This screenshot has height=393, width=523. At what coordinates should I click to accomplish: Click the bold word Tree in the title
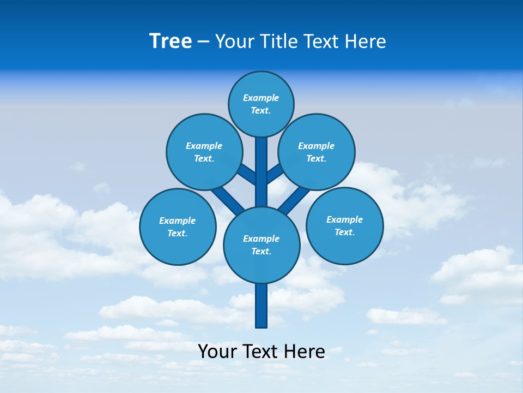(171, 41)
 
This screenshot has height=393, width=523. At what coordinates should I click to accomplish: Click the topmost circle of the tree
(261, 104)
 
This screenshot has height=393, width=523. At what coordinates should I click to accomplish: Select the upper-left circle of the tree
(204, 152)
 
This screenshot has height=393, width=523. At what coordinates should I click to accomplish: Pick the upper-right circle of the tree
(317, 152)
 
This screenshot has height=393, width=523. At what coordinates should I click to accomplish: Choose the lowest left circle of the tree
(178, 227)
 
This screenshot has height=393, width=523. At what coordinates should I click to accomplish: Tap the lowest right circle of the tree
(344, 225)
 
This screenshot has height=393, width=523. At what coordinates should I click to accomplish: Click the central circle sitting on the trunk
(261, 245)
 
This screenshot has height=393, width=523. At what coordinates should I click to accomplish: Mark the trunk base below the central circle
(261, 306)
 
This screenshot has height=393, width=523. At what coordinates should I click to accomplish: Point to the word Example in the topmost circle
(261, 98)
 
